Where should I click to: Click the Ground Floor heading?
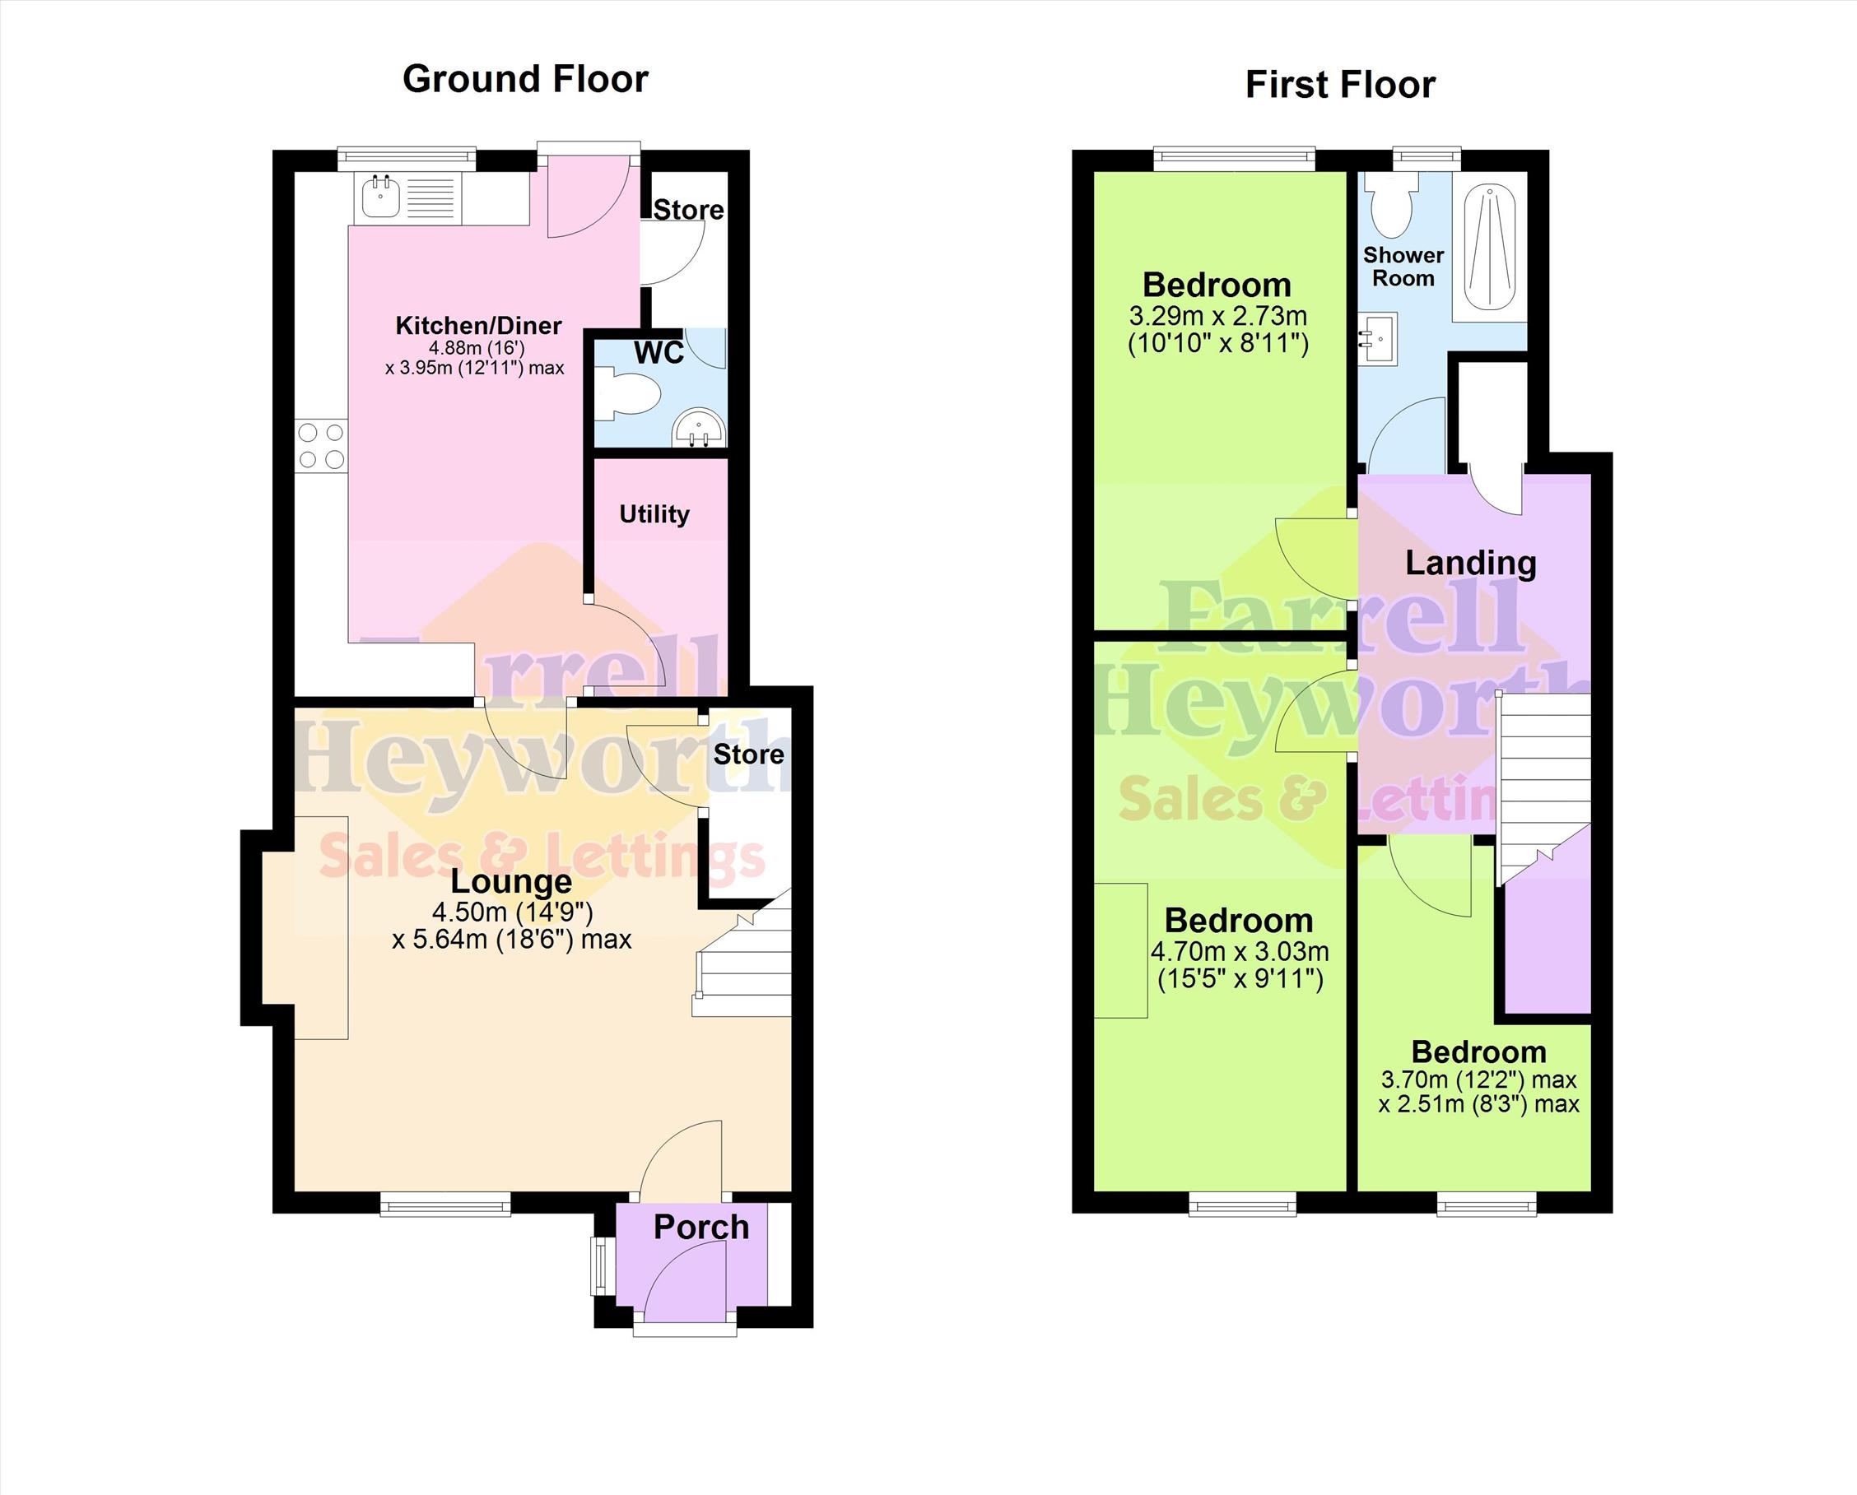(525, 79)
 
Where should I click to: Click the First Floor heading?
(1340, 86)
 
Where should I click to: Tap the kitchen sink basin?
(379, 197)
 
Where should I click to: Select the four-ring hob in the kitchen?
(322, 446)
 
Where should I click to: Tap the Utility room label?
(654, 515)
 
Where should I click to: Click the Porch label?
(701, 1227)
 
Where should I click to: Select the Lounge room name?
(512, 881)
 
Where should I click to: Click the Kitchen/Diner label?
(478, 326)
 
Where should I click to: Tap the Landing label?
(1470, 564)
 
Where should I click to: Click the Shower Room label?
(1403, 267)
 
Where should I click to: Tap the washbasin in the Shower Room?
(1378, 339)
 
